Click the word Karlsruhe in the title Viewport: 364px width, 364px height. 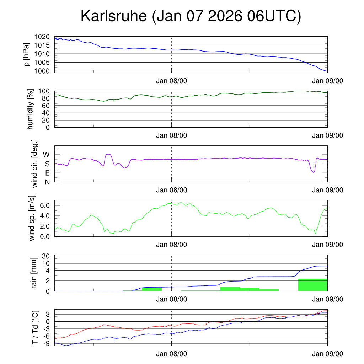pos(114,16)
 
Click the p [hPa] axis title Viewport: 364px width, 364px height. pos(27,54)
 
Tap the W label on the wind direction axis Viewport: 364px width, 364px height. pos(47,155)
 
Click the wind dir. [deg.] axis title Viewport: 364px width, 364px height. pos(35,163)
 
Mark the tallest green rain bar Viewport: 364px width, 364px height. pos(312,285)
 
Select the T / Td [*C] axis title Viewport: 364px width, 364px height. pos(35,327)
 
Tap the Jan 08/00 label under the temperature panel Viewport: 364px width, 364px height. pos(171,354)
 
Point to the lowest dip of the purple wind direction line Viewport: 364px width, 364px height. pos(313,172)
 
